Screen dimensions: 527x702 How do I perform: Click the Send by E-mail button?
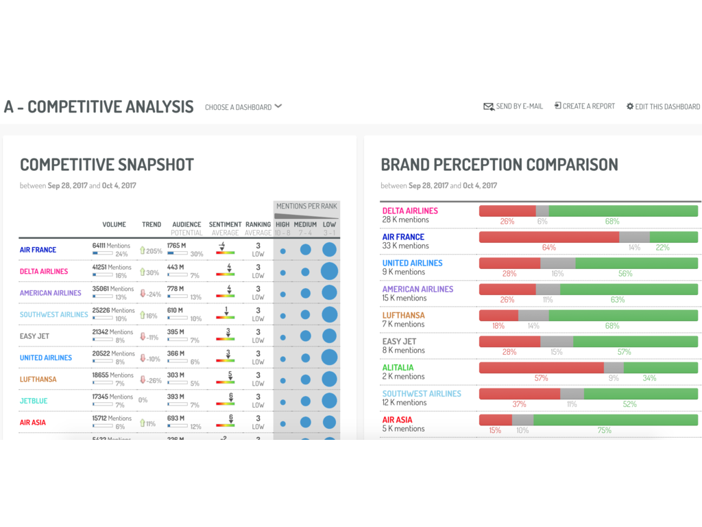click(x=513, y=106)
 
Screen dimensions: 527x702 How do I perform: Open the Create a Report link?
click(x=585, y=106)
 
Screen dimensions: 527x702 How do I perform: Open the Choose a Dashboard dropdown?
click(x=243, y=107)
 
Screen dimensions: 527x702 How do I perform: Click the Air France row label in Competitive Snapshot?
click(x=38, y=250)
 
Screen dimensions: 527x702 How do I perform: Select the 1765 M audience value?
click(x=176, y=245)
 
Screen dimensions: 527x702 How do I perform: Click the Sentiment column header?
click(x=225, y=224)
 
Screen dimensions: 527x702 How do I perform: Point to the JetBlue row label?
click(x=34, y=401)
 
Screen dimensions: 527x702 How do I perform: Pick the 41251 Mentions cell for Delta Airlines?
click(x=112, y=267)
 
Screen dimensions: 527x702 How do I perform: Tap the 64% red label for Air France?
click(x=548, y=248)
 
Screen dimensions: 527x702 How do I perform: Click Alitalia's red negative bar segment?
click(x=541, y=368)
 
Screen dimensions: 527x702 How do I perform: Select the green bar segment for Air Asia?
click(x=615, y=420)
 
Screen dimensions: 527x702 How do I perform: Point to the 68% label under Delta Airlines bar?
click(x=612, y=222)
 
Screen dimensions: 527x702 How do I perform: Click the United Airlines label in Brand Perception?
click(x=413, y=263)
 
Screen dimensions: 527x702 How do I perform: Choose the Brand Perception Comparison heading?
click(x=499, y=165)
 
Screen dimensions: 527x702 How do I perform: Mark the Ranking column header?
click(x=258, y=224)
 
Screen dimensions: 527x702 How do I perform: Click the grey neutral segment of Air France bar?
click(x=634, y=237)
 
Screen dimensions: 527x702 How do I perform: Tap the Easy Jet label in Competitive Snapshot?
click(x=34, y=336)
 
